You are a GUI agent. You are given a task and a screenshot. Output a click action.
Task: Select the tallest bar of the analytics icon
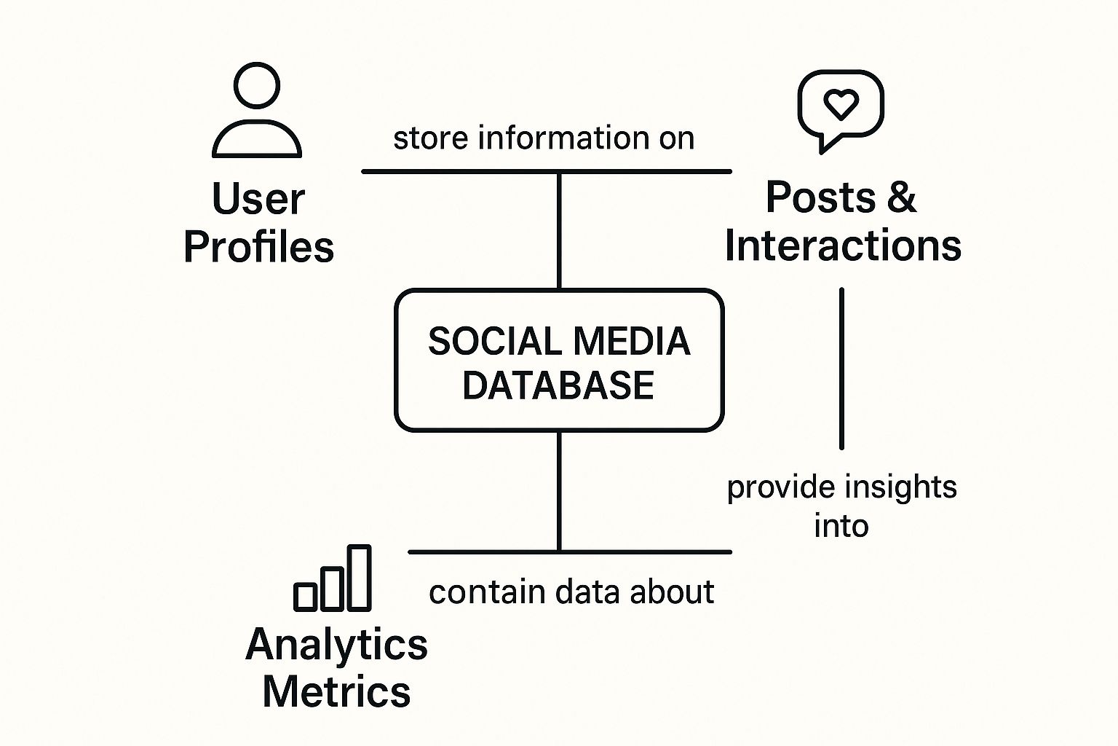359,578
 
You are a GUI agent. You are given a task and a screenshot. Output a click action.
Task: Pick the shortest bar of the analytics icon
306,597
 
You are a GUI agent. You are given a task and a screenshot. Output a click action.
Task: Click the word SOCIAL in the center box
496,342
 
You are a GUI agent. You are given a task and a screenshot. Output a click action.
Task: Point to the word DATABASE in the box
558,385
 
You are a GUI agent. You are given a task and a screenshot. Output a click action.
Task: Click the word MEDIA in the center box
632,342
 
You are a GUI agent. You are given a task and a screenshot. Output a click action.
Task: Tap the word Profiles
258,247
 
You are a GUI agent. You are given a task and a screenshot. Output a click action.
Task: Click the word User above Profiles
258,199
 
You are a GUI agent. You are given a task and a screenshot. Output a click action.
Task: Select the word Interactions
843,246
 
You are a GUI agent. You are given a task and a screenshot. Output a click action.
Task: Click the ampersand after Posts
902,197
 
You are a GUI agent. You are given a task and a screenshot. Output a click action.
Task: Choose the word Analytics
336,645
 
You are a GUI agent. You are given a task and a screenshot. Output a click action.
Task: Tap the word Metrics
336,693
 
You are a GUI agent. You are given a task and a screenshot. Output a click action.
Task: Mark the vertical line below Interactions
841,369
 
